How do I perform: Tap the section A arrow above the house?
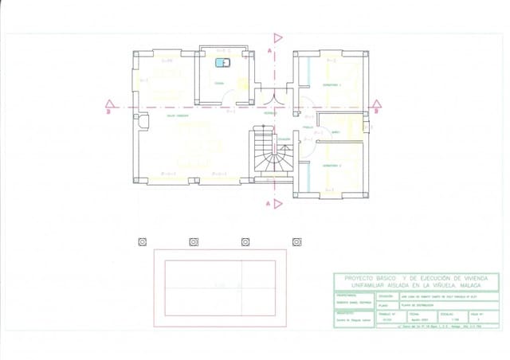click(x=278, y=38)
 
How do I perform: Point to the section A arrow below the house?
click(x=278, y=204)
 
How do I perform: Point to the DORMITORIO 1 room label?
click(x=331, y=84)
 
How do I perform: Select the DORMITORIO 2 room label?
click(x=331, y=166)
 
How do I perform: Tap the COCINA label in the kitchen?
click(x=218, y=83)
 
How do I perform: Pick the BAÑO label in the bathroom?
click(x=336, y=132)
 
